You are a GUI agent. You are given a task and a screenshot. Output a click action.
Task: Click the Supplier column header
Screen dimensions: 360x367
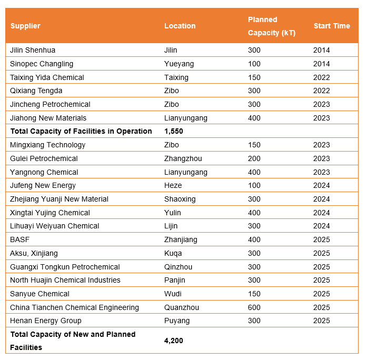(x=25, y=26)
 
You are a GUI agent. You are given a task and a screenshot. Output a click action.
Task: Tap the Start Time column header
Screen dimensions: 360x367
(x=331, y=26)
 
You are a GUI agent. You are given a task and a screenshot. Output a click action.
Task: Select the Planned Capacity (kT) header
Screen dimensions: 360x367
(x=271, y=26)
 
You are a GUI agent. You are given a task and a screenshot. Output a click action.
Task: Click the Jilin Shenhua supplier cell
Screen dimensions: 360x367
(x=33, y=51)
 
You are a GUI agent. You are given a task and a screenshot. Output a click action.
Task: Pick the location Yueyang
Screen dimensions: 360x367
(x=179, y=64)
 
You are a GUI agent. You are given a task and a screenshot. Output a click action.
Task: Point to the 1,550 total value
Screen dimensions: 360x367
(x=173, y=131)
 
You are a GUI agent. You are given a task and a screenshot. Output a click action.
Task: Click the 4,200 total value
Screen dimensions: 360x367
(x=173, y=341)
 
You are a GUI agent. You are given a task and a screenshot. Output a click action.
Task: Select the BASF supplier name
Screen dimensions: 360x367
(x=19, y=239)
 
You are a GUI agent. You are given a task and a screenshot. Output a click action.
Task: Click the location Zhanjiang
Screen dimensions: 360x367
(x=181, y=239)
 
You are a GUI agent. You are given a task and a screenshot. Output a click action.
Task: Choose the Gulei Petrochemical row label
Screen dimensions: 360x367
(x=44, y=158)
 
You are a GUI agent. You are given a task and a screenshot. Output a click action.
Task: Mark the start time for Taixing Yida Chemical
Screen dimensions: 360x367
(x=321, y=77)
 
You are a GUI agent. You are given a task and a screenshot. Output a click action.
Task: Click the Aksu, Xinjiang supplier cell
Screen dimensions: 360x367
(x=34, y=253)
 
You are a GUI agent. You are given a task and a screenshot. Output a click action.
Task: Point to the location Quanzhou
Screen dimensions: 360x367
(x=180, y=307)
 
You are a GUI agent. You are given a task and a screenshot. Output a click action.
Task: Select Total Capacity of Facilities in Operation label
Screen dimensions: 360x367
(x=81, y=131)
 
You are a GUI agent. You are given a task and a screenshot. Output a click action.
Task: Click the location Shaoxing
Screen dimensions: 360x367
(x=180, y=199)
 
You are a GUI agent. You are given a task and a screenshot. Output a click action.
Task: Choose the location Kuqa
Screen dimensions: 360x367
(x=173, y=253)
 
